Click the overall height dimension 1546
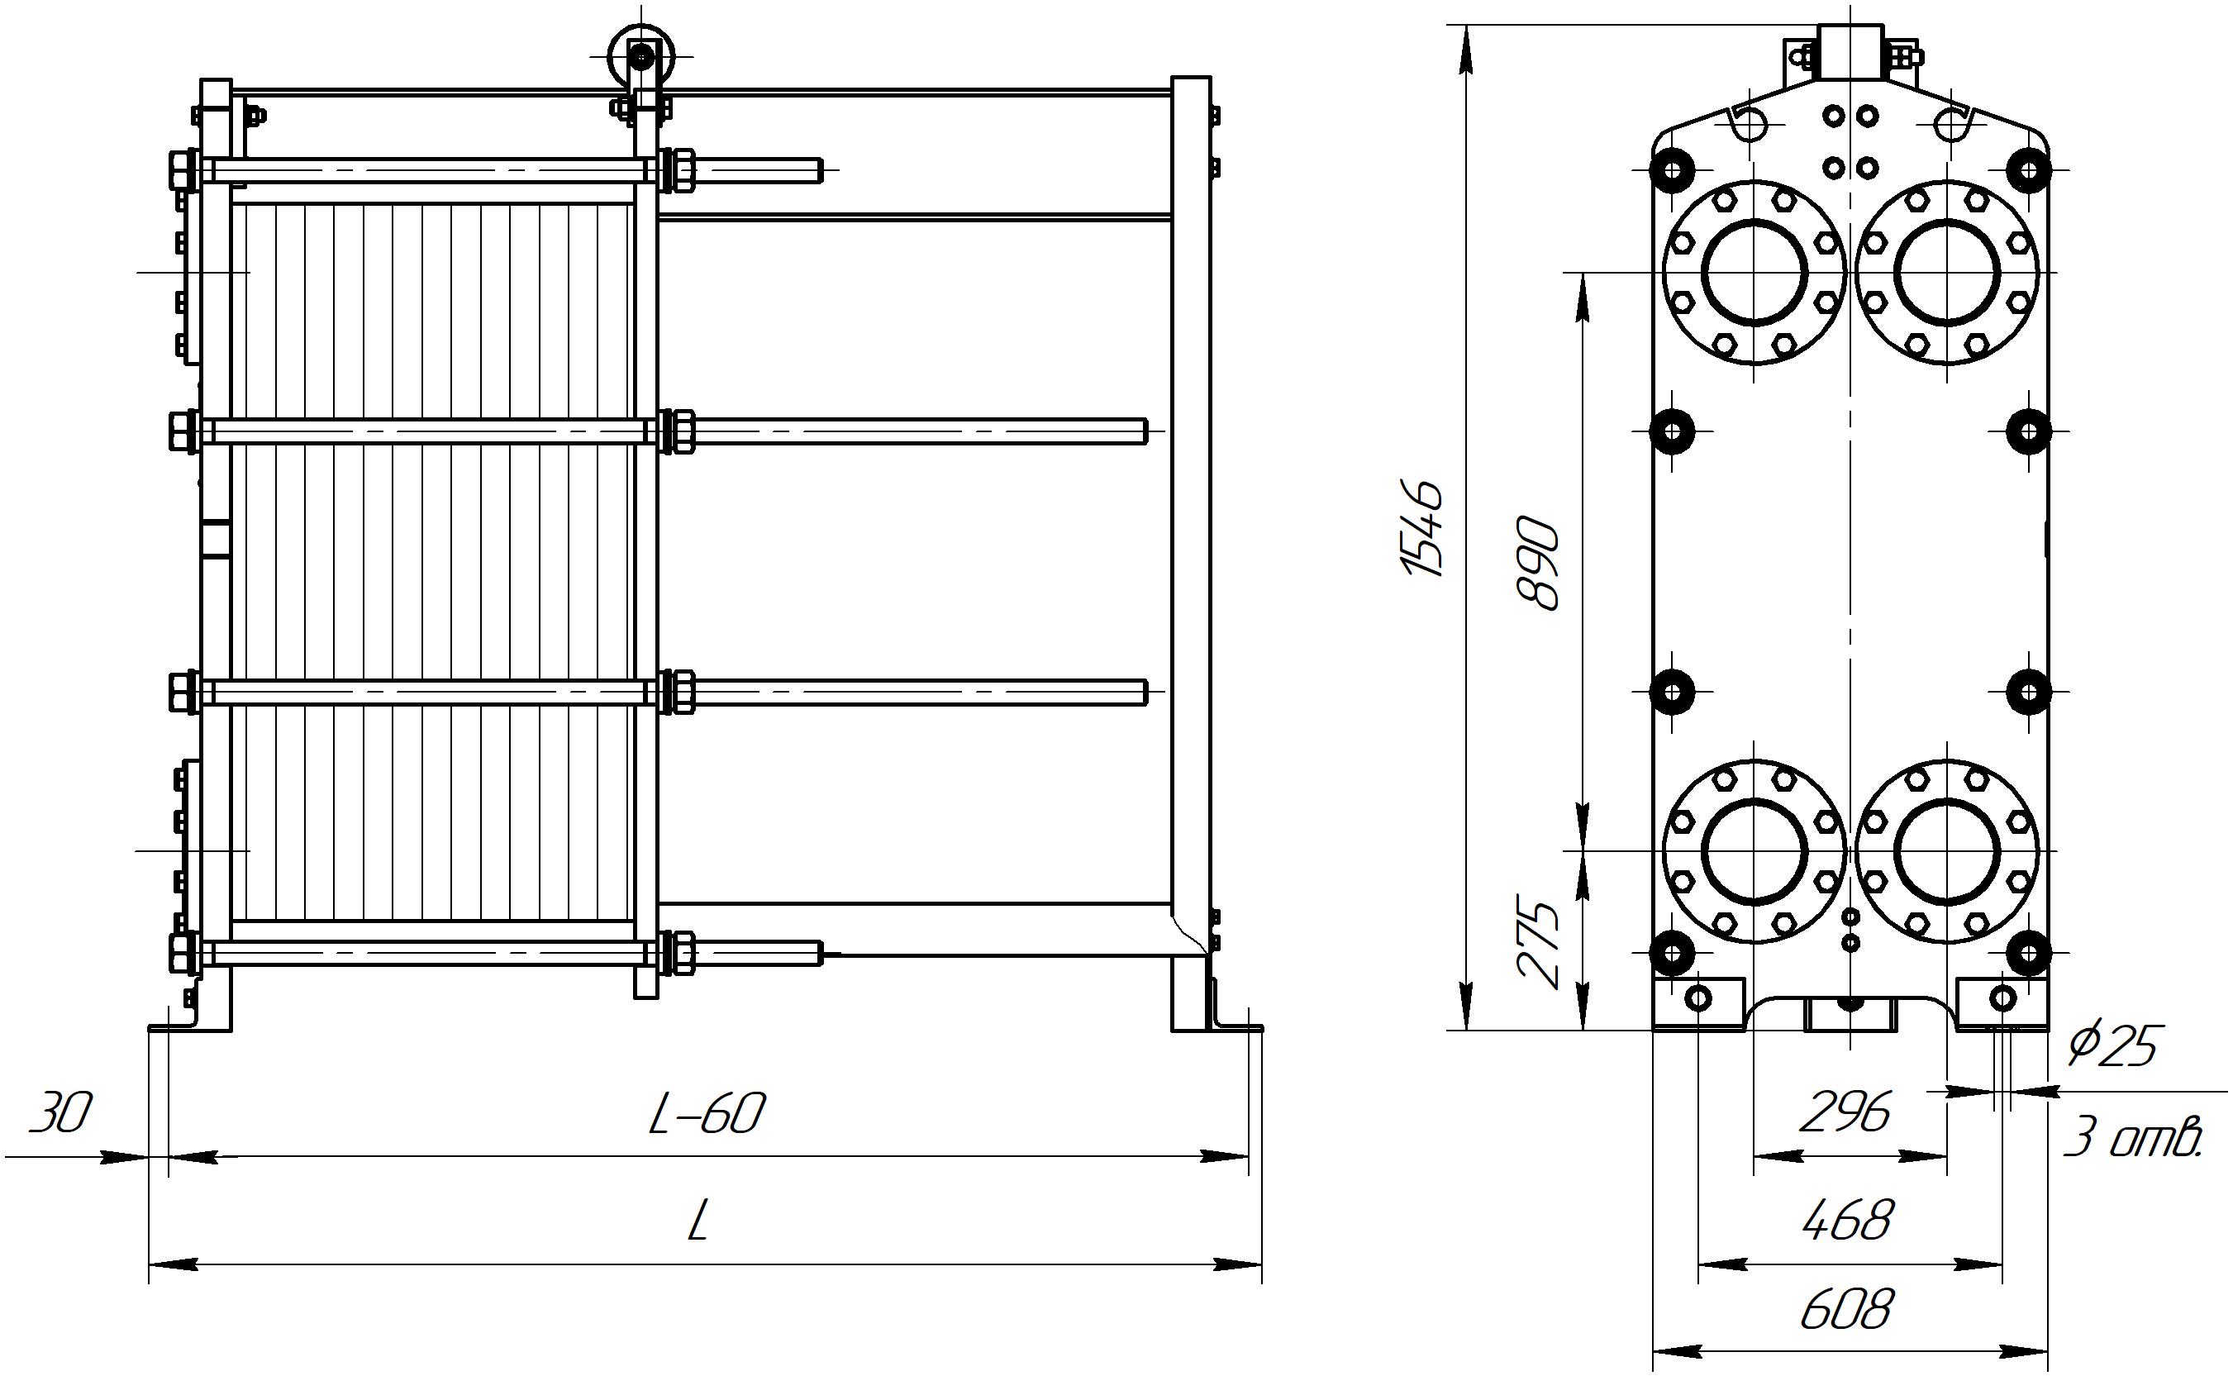(x=1422, y=528)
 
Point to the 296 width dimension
(x=1846, y=1112)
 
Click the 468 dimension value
(x=1848, y=1221)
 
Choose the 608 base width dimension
(x=1846, y=1311)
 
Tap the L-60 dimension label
(x=706, y=1114)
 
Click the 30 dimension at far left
(x=61, y=1114)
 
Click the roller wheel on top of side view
(x=643, y=56)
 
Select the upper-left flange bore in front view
(x=1754, y=272)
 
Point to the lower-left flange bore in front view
(x=1754, y=851)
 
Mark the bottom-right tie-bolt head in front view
(x=2028, y=953)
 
